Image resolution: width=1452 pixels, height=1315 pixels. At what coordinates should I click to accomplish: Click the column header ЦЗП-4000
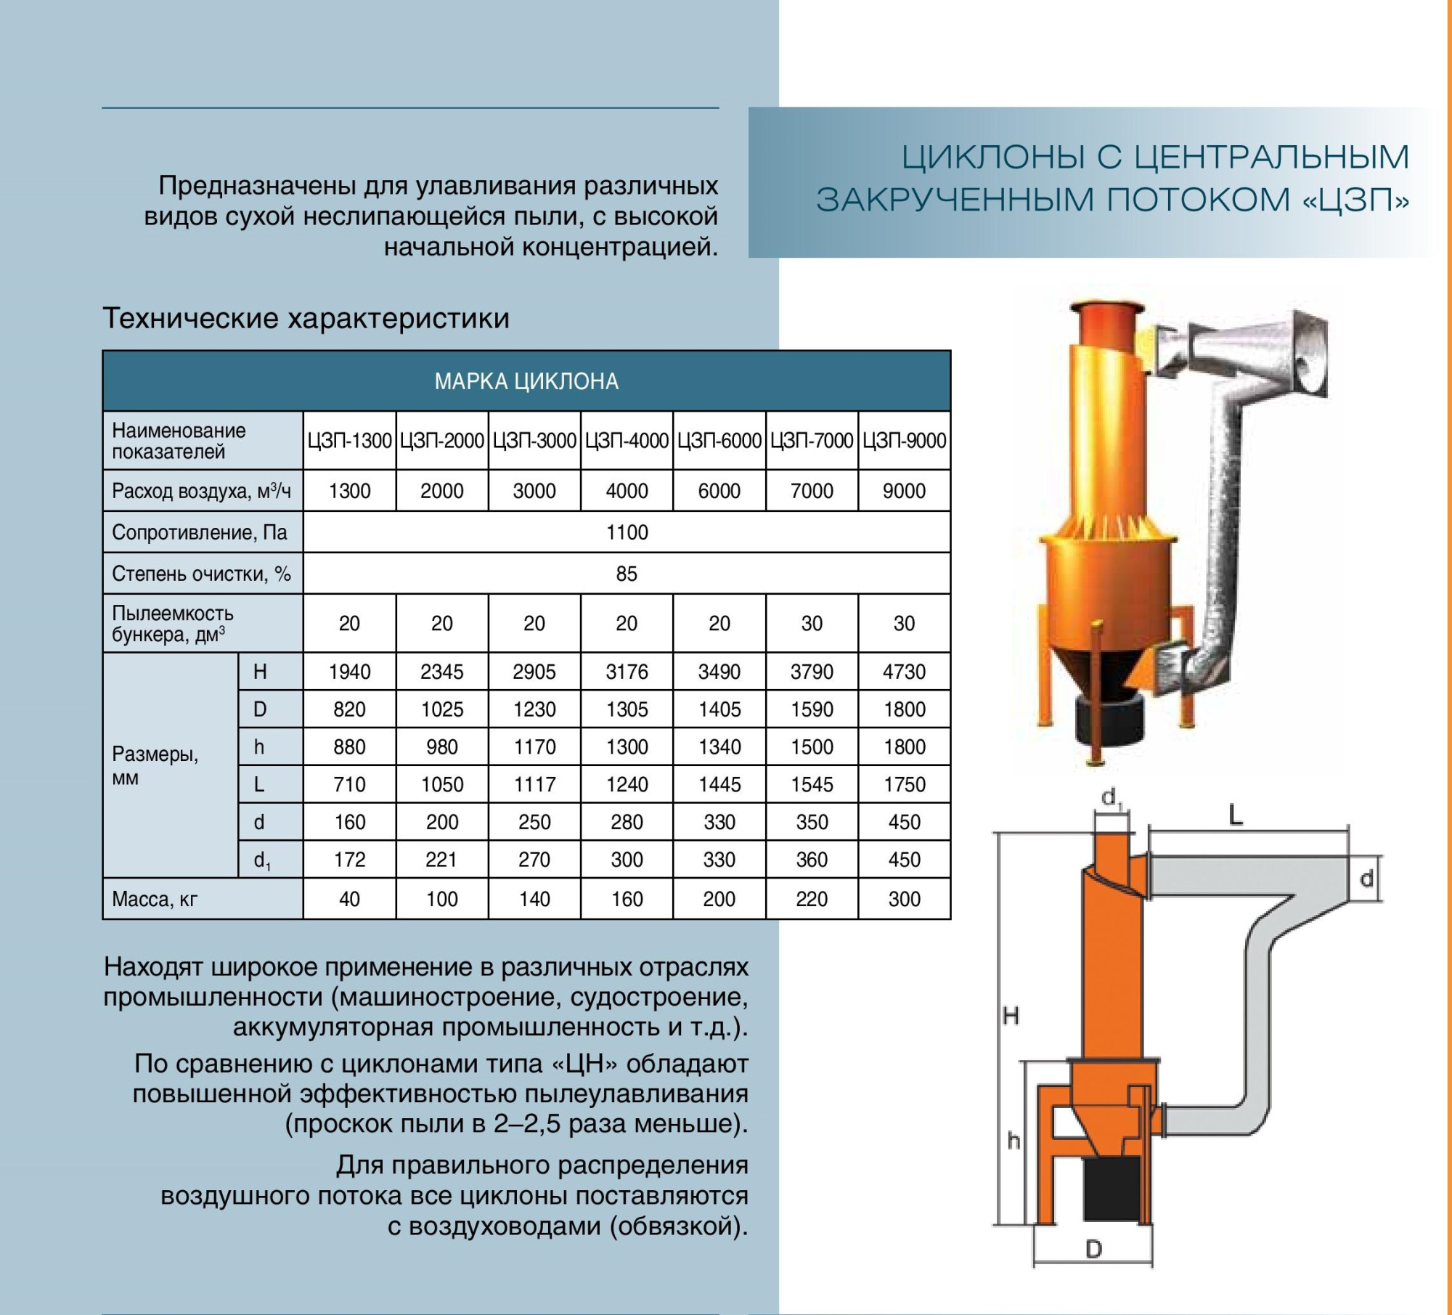[x=627, y=441]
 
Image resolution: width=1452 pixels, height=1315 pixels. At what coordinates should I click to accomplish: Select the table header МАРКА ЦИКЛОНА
[x=526, y=381]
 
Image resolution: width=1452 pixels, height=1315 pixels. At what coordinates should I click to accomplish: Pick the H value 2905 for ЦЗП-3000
[x=534, y=672]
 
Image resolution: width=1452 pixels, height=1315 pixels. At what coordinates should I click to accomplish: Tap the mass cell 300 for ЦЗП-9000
[x=904, y=899]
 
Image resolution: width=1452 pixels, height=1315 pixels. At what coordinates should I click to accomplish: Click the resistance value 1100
[x=627, y=532]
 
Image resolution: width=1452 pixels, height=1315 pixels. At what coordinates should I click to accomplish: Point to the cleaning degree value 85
[x=627, y=574]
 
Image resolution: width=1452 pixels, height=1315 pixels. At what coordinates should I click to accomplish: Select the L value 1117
[x=534, y=784]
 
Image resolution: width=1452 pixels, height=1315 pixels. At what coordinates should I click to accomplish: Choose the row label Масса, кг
[x=155, y=900]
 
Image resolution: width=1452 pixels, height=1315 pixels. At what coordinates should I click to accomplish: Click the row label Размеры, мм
[x=155, y=766]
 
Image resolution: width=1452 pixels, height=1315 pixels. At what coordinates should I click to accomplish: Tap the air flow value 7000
[x=812, y=491]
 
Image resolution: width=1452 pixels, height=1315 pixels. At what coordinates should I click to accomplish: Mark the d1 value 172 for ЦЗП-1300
[x=349, y=860]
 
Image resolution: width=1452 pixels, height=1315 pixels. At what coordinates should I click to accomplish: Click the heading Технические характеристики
[x=306, y=318]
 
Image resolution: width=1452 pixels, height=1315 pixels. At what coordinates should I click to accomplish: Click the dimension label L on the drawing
[x=1236, y=816]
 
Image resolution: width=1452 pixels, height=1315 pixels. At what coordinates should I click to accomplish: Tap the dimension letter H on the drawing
[x=1011, y=1015]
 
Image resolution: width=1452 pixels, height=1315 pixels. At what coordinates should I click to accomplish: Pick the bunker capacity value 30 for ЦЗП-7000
[x=812, y=623]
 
